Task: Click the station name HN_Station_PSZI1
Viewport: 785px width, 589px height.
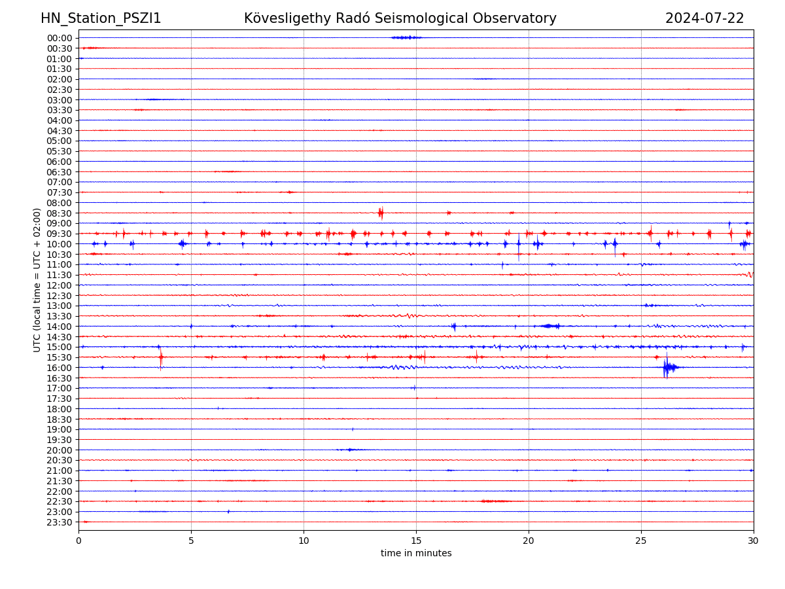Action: [x=101, y=18]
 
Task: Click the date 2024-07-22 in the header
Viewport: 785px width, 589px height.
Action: [x=705, y=18]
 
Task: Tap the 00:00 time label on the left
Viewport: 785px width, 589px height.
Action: [x=59, y=38]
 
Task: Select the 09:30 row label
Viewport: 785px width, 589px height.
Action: [x=59, y=234]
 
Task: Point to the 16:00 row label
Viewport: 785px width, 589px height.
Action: [x=59, y=368]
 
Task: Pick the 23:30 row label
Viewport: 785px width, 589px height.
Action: [x=59, y=522]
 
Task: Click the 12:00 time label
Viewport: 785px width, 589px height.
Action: [x=59, y=285]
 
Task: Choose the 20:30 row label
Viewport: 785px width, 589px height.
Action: [x=59, y=460]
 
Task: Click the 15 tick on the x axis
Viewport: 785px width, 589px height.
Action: [x=416, y=541]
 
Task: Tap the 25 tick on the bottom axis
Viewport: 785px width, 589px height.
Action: [x=641, y=541]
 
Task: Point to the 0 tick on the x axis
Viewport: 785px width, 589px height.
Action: [x=78, y=541]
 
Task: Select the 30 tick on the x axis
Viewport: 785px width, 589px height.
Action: [x=754, y=541]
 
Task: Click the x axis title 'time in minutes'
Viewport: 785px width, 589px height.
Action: [x=416, y=554]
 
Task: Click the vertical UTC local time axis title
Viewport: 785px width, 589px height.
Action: [x=37, y=280]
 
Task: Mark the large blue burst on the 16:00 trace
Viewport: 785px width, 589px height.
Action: [x=667, y=368]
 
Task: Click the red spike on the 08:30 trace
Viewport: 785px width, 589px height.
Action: [x=381, y=213]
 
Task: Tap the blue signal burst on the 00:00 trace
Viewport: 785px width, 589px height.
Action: [x=406, y=37]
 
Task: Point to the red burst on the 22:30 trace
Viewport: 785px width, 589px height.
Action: [x=495, y=501]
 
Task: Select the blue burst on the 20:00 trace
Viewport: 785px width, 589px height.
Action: [x=349, y=450]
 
